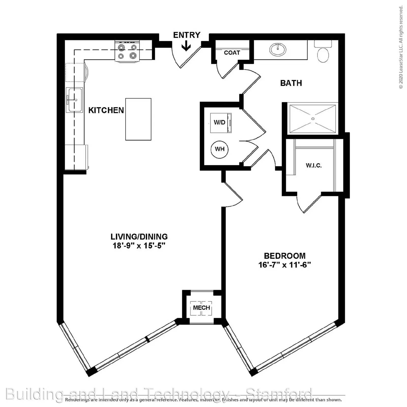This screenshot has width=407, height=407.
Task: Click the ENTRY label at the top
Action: (x=187, y=35)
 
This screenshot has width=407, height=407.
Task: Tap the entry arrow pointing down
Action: (x=186, y=47)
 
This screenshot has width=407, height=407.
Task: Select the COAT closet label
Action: (x=232, y=53)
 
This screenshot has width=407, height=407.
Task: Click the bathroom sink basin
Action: (x=278, y=49)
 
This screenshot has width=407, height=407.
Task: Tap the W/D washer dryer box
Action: (x=221, y=123)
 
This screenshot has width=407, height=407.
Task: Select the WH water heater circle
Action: (x=220, y=149)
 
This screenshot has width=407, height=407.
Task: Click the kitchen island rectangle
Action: (x=138, y=119)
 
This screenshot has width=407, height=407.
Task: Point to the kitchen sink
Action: (x=74, y=100)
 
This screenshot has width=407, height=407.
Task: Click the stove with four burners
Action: (x=128, y=52)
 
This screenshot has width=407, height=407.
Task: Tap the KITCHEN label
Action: (x=106, y=110)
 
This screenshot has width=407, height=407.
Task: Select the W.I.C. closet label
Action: (x=314, y=166)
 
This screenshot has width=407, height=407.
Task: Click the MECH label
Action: (x=201, y=308)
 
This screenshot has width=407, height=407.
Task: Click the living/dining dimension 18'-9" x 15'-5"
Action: (x=139, y=246)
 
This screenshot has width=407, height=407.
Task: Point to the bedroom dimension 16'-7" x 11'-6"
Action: (x=285, y=265)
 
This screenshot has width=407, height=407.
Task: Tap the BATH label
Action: (x=291, y=83)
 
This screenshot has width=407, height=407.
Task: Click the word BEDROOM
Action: (x=285, y=256)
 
